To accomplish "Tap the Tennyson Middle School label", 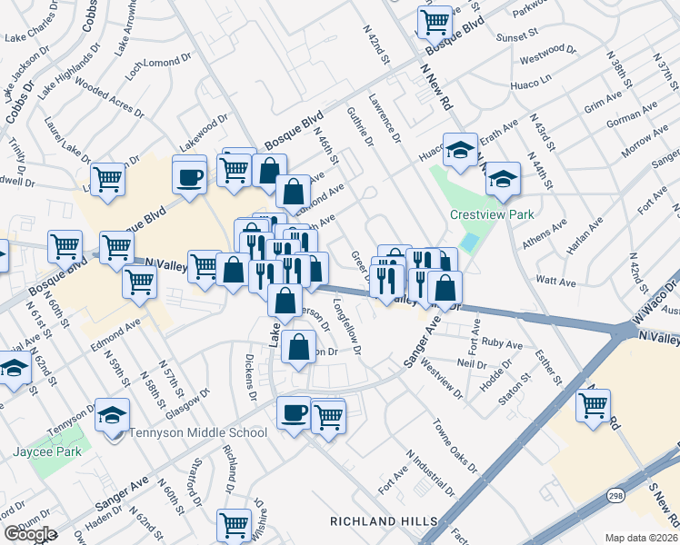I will pos(197,432).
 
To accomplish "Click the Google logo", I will pos(30,535).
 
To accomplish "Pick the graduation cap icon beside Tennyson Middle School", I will pos(112,415).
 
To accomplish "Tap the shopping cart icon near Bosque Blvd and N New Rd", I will pos(435,20).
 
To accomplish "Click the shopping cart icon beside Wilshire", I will pos(234,524).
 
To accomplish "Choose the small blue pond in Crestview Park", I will pos(469,243).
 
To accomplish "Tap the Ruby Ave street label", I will pos(503,345).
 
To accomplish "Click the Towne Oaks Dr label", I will pos(455,446).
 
